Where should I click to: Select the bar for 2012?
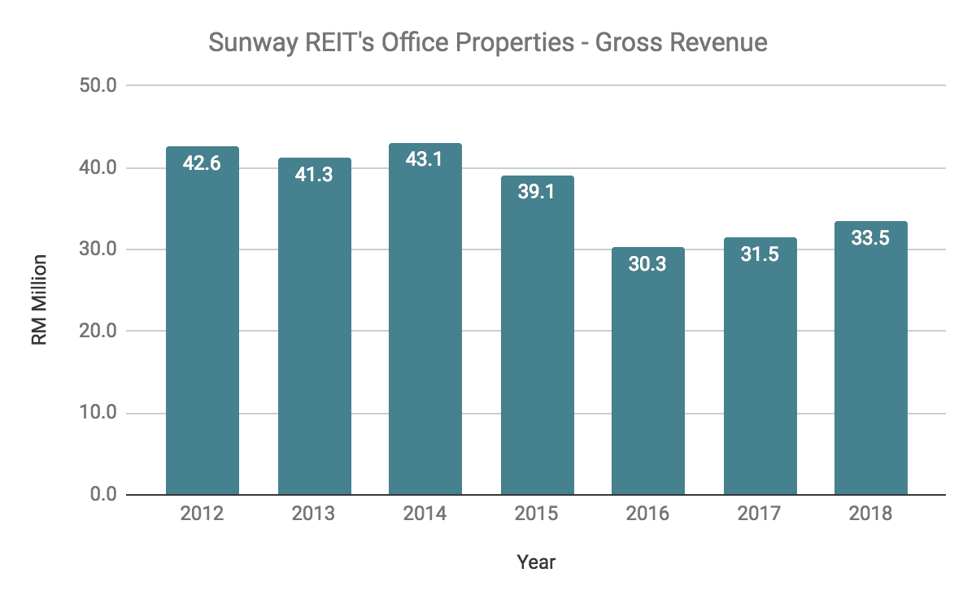202,325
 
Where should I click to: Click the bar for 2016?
648,374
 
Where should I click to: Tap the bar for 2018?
871,362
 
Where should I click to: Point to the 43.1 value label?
425,160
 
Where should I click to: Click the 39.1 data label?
537,193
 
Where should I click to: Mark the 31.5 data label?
760,254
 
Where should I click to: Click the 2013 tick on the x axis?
313,514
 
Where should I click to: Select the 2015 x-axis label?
537,514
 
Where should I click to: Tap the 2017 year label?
760,514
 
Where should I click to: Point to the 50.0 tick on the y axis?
98,85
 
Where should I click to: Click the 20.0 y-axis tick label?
98,332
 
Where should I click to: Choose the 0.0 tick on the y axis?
103,495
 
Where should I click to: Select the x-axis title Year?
536,562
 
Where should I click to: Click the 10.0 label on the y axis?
98,413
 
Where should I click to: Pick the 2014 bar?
425,325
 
